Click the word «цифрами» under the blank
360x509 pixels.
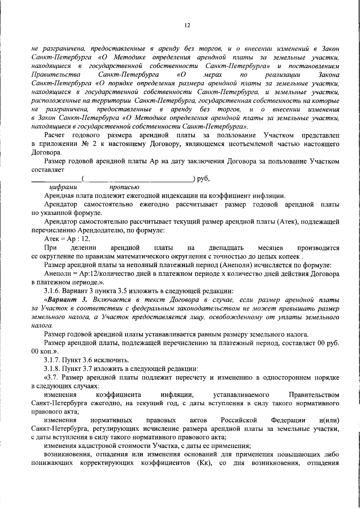click(x=63, y=187)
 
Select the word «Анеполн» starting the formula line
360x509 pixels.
click(x=58, y=274)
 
